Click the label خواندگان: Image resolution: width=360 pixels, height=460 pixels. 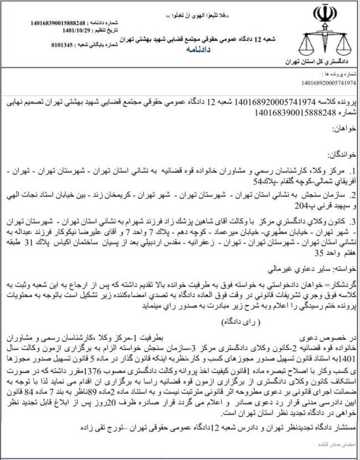[337, 152]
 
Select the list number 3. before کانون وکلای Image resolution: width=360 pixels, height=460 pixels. [350, 223]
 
